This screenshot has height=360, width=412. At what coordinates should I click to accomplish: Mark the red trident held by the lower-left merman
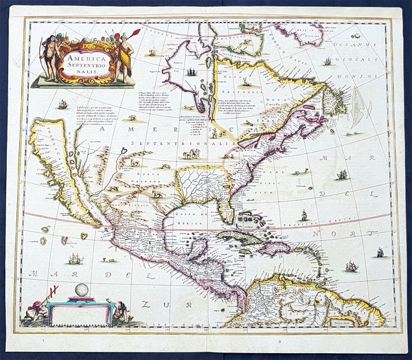[x=51, y=293]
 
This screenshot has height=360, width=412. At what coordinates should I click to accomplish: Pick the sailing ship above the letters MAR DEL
[x=75, y=259]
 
